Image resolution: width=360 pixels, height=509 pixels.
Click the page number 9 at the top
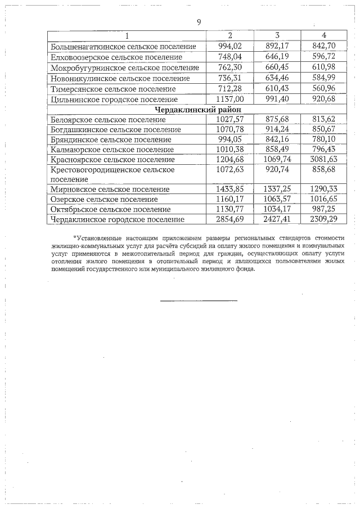coord(199,22)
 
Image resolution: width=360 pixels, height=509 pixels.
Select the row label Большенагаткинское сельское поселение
coord(123,47)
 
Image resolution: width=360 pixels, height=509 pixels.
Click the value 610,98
coord(323,68)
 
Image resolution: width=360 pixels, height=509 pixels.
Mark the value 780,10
coord(323,140)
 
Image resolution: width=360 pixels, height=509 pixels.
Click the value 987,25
coord(323,210)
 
